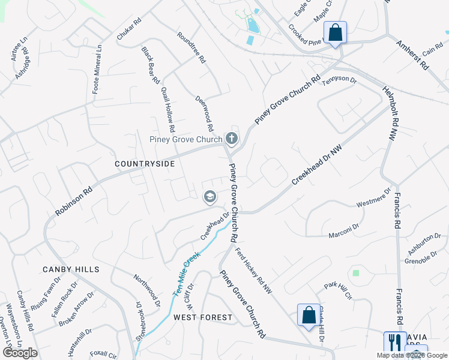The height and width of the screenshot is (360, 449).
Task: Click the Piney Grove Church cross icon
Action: pyautogui.click(x=231, y=140)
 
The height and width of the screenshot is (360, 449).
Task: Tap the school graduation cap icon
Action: pyautogui.click(x=210, y=196)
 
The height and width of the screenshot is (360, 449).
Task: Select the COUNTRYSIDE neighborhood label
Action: pyautogui.click(x=145, y=164)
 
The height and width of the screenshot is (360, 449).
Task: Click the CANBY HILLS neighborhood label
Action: pyautogui.click(x=71, y=269)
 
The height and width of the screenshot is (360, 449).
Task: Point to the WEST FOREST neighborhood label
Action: pyautogui.click(x=203, y=317)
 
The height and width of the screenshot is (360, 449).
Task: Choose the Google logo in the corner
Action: pyautogui.click(x=20, y=352)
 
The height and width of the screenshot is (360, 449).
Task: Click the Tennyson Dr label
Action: pyautogui.click(x=340, y=80)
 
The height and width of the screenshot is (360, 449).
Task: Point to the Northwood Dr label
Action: pyautogui.click(x=147, y=289)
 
